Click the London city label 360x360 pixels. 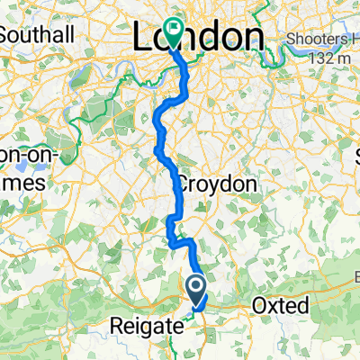[x=199, y=37]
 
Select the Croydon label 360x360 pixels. [x=215, y=184]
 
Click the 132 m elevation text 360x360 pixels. [x=333, y=58]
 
